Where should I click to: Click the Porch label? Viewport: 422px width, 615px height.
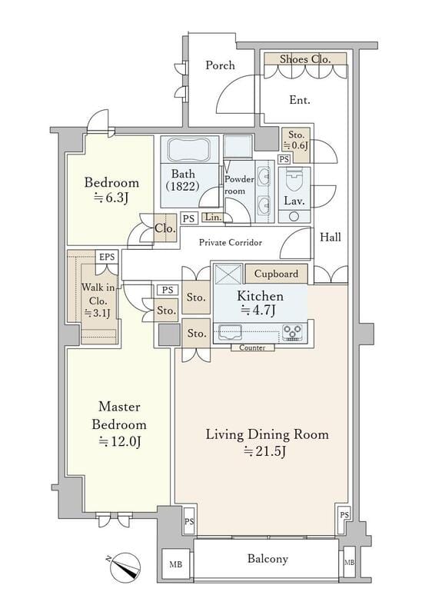click(220, 65)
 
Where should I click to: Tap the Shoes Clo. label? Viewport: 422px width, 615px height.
click(305, 59)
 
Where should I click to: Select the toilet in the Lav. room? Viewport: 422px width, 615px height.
click(294, 178)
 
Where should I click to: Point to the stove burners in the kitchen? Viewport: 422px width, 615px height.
click(292, 332)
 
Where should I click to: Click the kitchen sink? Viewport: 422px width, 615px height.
click(230, 332)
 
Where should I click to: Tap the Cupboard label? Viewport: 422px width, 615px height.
click(276, 274)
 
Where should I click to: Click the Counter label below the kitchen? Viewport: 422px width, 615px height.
click(252, 347)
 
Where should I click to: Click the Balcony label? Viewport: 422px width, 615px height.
click(267, 558)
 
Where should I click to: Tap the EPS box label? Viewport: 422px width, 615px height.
click(107, 257)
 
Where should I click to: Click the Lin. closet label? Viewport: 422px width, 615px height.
click(214, 217)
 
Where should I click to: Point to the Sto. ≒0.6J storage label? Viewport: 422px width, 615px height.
click(296, 140)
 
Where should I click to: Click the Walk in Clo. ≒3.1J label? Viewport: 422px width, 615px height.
click(98, 301)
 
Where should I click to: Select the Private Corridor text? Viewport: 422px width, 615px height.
click(231, 242)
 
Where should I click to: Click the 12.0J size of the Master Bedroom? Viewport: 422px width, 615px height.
click(120, 442)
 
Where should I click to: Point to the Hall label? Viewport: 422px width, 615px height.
click(331, 237)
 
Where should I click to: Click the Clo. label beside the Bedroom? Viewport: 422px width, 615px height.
click(165, 228)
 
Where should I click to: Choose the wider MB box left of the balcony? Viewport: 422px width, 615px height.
click(176, 564)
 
